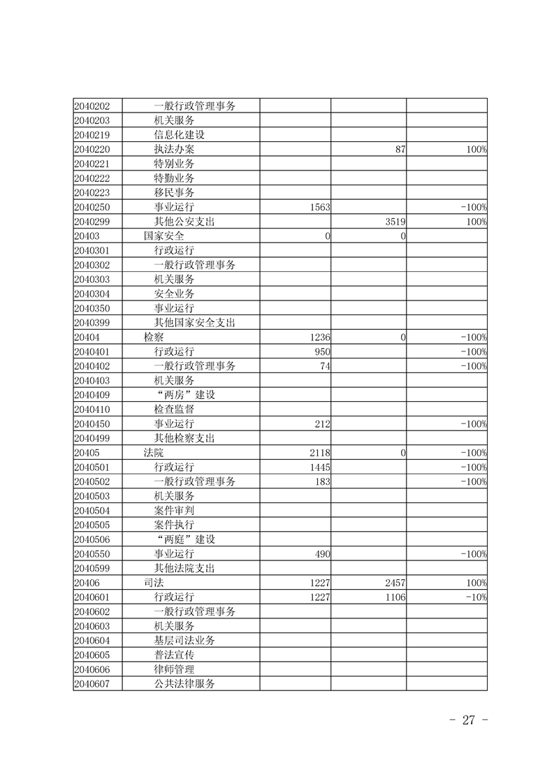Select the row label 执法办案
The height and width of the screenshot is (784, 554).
tap(175, 150)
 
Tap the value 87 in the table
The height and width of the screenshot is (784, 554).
tap(400, 150)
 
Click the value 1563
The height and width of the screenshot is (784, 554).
tap(319, 208)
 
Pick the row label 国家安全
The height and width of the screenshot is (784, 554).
tap(164, 236)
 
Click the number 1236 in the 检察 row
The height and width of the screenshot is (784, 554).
tap(319, 337)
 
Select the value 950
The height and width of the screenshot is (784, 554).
tap(322, 351)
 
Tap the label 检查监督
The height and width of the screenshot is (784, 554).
tap(175, 409)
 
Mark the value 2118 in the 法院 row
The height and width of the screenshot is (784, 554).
tap(319, 453)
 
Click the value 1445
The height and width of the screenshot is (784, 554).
tap(319, 467)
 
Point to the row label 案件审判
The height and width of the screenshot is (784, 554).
tap(175, 511)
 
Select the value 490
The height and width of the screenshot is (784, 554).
tap(322, 554)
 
